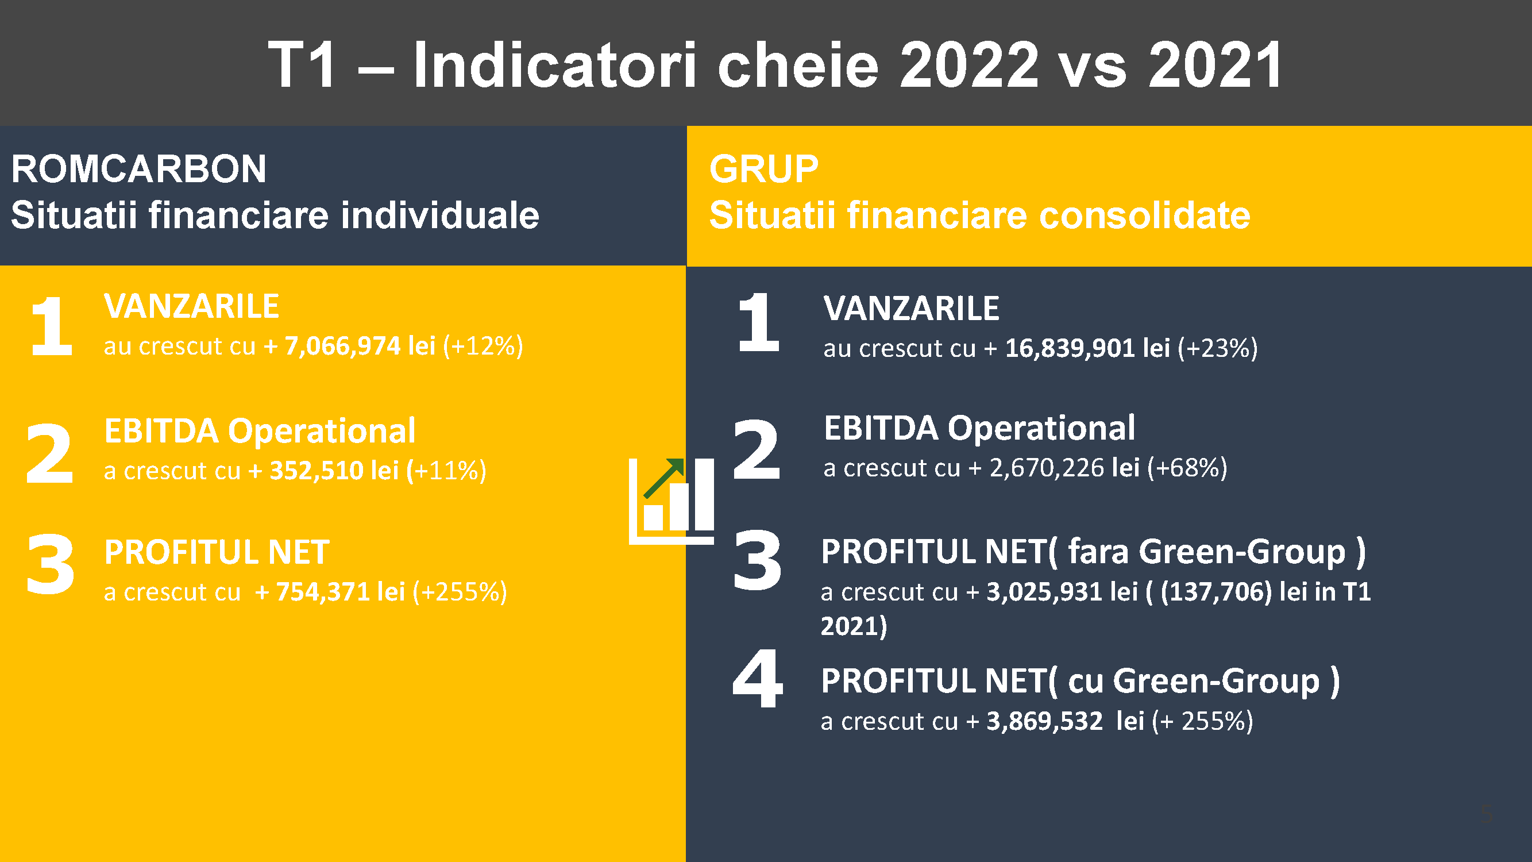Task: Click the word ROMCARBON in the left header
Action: (138, 169)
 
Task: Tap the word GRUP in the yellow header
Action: (763, 169)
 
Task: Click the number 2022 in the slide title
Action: (969, 65)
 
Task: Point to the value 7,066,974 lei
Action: (360, 346)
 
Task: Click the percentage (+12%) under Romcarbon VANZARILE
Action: (483, 346)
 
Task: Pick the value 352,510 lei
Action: (334, 471)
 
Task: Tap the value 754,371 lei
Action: (340, 592)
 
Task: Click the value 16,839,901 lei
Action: (1087, 349)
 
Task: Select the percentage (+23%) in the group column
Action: (1217, 349)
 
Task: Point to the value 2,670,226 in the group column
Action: (1047, 468)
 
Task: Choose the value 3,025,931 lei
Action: (1062, 592)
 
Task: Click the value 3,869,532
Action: (1044, 721)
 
